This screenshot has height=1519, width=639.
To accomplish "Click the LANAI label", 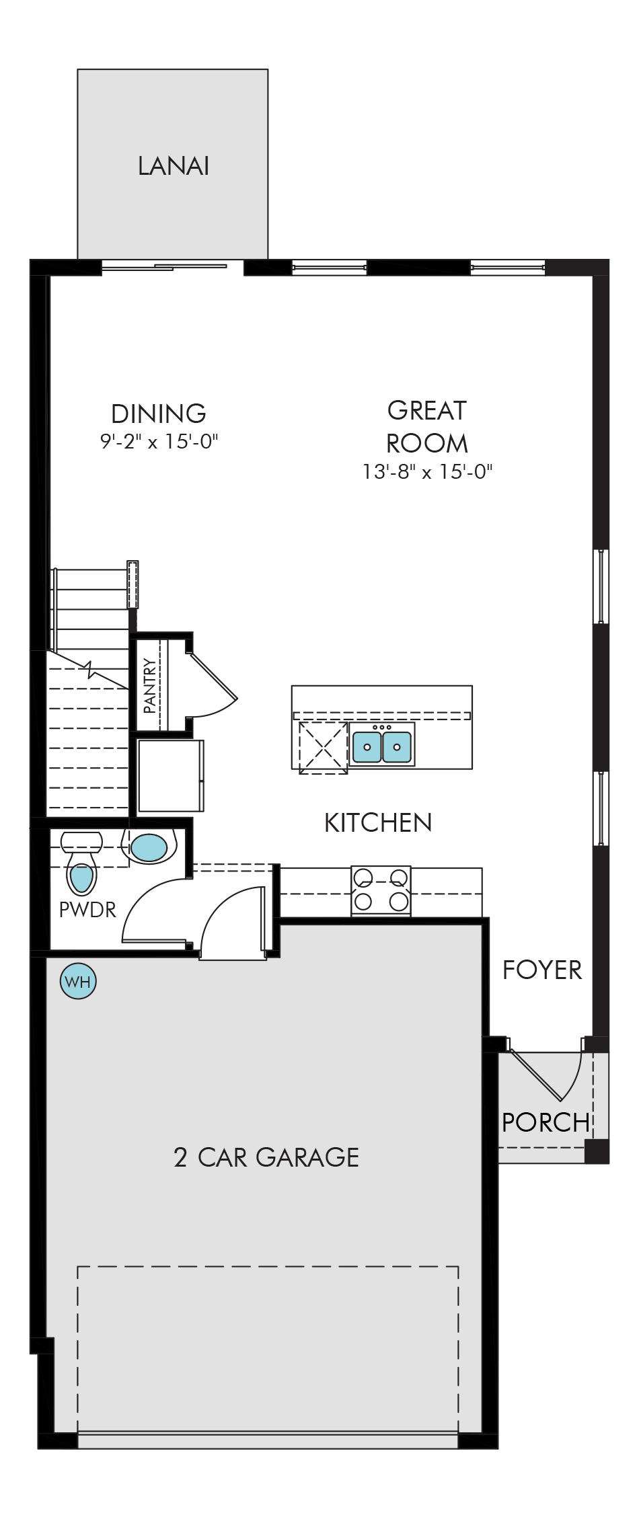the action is tap(174, 166).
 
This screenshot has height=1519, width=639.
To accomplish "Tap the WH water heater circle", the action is tap(79, 981).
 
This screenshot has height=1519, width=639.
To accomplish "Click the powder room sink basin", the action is tap(149, 847).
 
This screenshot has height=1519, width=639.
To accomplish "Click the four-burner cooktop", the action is tap(381, 891).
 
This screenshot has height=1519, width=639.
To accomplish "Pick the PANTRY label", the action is tap(150, 685).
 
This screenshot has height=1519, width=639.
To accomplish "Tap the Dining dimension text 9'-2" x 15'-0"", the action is tap(159, 442).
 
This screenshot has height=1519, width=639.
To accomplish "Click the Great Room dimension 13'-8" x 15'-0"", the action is tap(427, 472).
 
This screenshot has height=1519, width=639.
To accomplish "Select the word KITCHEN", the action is tap(378, 822).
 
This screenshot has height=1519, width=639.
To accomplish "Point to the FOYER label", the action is tap(542, 970).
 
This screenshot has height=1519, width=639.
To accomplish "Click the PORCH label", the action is tap(546, 1122).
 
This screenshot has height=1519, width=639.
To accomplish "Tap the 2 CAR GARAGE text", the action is tap(266, 1157).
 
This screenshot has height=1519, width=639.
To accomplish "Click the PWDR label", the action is tap(87, 910).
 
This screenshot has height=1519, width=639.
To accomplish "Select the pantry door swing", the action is tap(210, 683).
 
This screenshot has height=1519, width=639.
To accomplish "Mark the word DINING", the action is tap(159, 414).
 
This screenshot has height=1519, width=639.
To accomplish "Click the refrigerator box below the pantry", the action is tap(171, 775).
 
